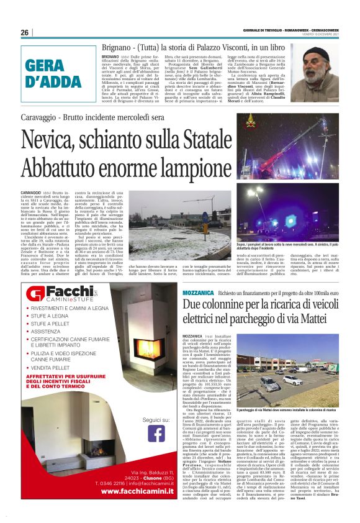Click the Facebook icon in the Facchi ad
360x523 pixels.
tap(156, 432)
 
